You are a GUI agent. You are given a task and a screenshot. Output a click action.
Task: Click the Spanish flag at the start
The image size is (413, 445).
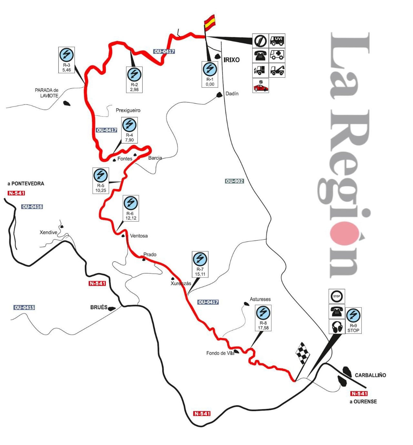pos(209,21)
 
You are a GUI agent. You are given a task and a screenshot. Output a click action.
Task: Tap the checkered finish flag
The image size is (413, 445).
pos(302,353)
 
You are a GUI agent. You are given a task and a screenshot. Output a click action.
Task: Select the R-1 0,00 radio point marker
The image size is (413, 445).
pos(210,74)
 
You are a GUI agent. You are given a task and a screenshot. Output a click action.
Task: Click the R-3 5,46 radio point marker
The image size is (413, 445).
pos(67,60)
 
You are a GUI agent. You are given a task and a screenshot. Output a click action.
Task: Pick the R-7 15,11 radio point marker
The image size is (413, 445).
pos(200,264)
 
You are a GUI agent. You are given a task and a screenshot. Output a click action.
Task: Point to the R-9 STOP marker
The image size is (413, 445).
pos(353,320)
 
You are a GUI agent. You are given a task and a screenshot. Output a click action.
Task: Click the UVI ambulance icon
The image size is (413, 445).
pos(277,41)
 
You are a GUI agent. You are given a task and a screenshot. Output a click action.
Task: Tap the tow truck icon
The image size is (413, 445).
pos(277,70)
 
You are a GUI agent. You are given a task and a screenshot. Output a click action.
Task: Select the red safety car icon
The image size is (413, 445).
pos(261,85)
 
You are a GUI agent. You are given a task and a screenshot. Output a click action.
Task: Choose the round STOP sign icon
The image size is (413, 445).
pos(337,296)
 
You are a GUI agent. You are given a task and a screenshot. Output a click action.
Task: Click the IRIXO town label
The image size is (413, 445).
pos(232,60)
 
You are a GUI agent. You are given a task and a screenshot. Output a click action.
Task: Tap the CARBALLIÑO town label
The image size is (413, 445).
pos(370,375)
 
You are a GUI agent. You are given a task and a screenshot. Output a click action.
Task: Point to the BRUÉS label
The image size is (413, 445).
pos(99,307)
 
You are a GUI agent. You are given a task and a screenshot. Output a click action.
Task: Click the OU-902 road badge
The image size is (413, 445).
pos(234,181)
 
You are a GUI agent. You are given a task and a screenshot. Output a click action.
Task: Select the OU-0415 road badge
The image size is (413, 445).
pos(24,308)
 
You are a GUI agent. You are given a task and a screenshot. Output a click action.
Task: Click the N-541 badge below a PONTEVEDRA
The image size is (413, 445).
pos(16,193)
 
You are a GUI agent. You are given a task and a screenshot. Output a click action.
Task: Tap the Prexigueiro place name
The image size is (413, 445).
pos(128,110)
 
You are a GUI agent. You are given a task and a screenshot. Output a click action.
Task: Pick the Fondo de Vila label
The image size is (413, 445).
pos(220,353)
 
